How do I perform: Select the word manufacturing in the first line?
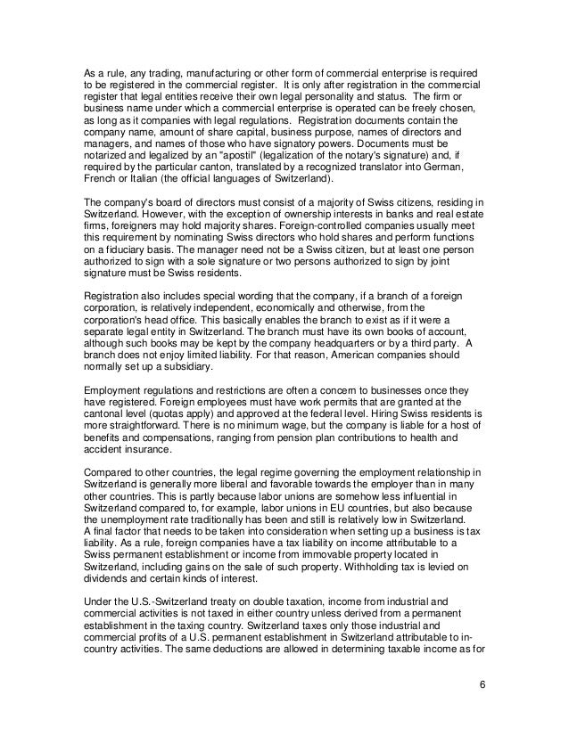183,70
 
